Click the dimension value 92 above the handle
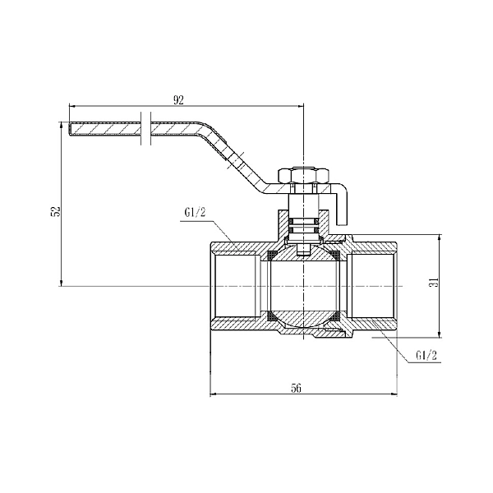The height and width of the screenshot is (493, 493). pyautogui.click(x=177, y=100)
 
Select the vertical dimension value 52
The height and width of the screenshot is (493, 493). pyautogui.click(x=55, y=210)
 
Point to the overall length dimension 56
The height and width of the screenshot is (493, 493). pyautogui.click(x=296, y=389)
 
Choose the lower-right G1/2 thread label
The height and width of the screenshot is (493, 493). pyautogui.click(x=426, y=356)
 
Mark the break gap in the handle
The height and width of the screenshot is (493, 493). pyautogui.click(x=145, y=129)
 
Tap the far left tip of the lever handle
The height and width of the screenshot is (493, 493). pyautogui.click(x=72, y=129)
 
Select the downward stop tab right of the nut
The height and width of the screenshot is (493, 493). pyautogui.click(x=344, y=205)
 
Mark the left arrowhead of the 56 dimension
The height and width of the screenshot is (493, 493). pyautogui.click(x=214, y=395)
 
